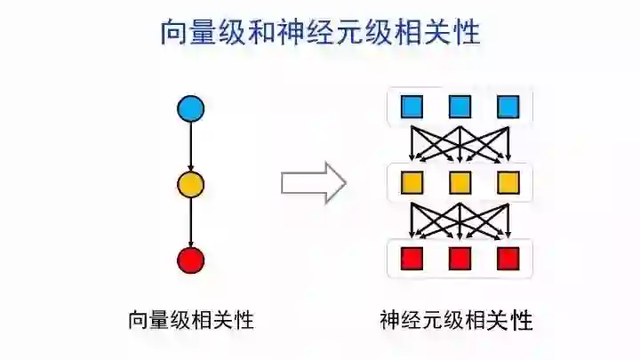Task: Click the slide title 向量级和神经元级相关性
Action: coord(320,33)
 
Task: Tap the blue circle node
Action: coord(191,108)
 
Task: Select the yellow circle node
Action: coord(191,185)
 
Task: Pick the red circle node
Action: coord(191,260)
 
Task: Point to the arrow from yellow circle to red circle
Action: coord(191,222)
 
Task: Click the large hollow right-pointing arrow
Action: coord(313,182)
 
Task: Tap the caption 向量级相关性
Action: coord(191,318)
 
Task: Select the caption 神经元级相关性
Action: coord(455,318)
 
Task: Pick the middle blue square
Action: coord(460,108)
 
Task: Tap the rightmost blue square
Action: coord(507,108)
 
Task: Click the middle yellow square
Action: coord(460,183)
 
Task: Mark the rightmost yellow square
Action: coord(507,183)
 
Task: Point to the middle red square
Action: coord(460,259)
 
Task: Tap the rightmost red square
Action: coord(507,259)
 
